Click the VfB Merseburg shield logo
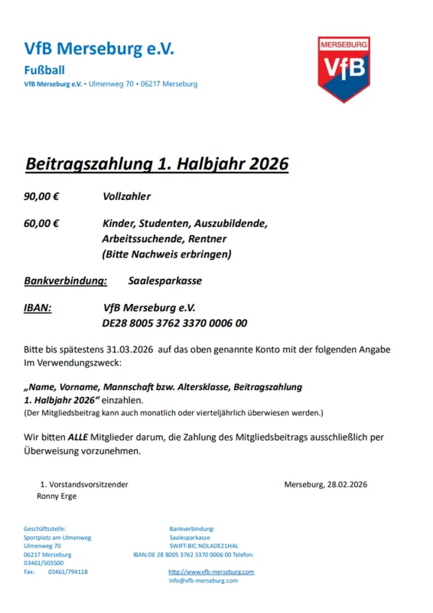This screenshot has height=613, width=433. [344, 69]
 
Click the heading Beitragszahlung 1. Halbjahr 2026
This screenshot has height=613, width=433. [157, 164]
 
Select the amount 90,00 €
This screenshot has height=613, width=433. [42, 196]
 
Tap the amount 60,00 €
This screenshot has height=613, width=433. [42, 224]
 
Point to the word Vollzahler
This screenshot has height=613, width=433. [127, 196]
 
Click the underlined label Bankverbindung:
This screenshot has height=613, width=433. [66, 281]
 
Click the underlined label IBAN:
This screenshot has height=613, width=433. [38, 308]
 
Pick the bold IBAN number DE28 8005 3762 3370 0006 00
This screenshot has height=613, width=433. [174, 323]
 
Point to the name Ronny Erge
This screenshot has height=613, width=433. [57, 496]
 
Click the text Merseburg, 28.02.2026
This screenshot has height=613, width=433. [326, 484]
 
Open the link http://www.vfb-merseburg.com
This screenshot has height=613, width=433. [211, 572]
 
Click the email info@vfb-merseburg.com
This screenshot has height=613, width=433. [203, 581]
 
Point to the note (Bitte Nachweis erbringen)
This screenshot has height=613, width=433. [167, 254]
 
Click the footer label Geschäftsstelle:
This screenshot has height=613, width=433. [45, 529]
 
